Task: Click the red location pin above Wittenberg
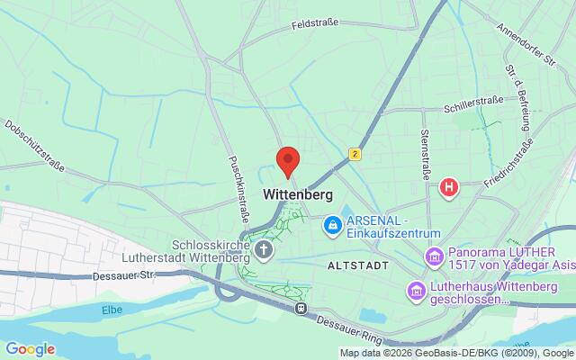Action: point(287,161)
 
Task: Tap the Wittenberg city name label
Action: point(298,193)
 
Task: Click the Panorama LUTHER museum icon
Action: point(434,258)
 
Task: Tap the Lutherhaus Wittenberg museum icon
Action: point(416,290)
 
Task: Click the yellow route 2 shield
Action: point(355,155)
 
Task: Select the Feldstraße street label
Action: point(314,24)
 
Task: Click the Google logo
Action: point(30,348)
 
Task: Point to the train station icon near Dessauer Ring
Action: point(300,308)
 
